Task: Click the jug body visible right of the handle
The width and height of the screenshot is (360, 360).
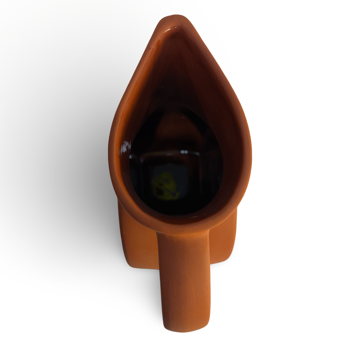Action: point(224,239)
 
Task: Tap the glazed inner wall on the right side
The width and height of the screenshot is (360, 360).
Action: point(225,141)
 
